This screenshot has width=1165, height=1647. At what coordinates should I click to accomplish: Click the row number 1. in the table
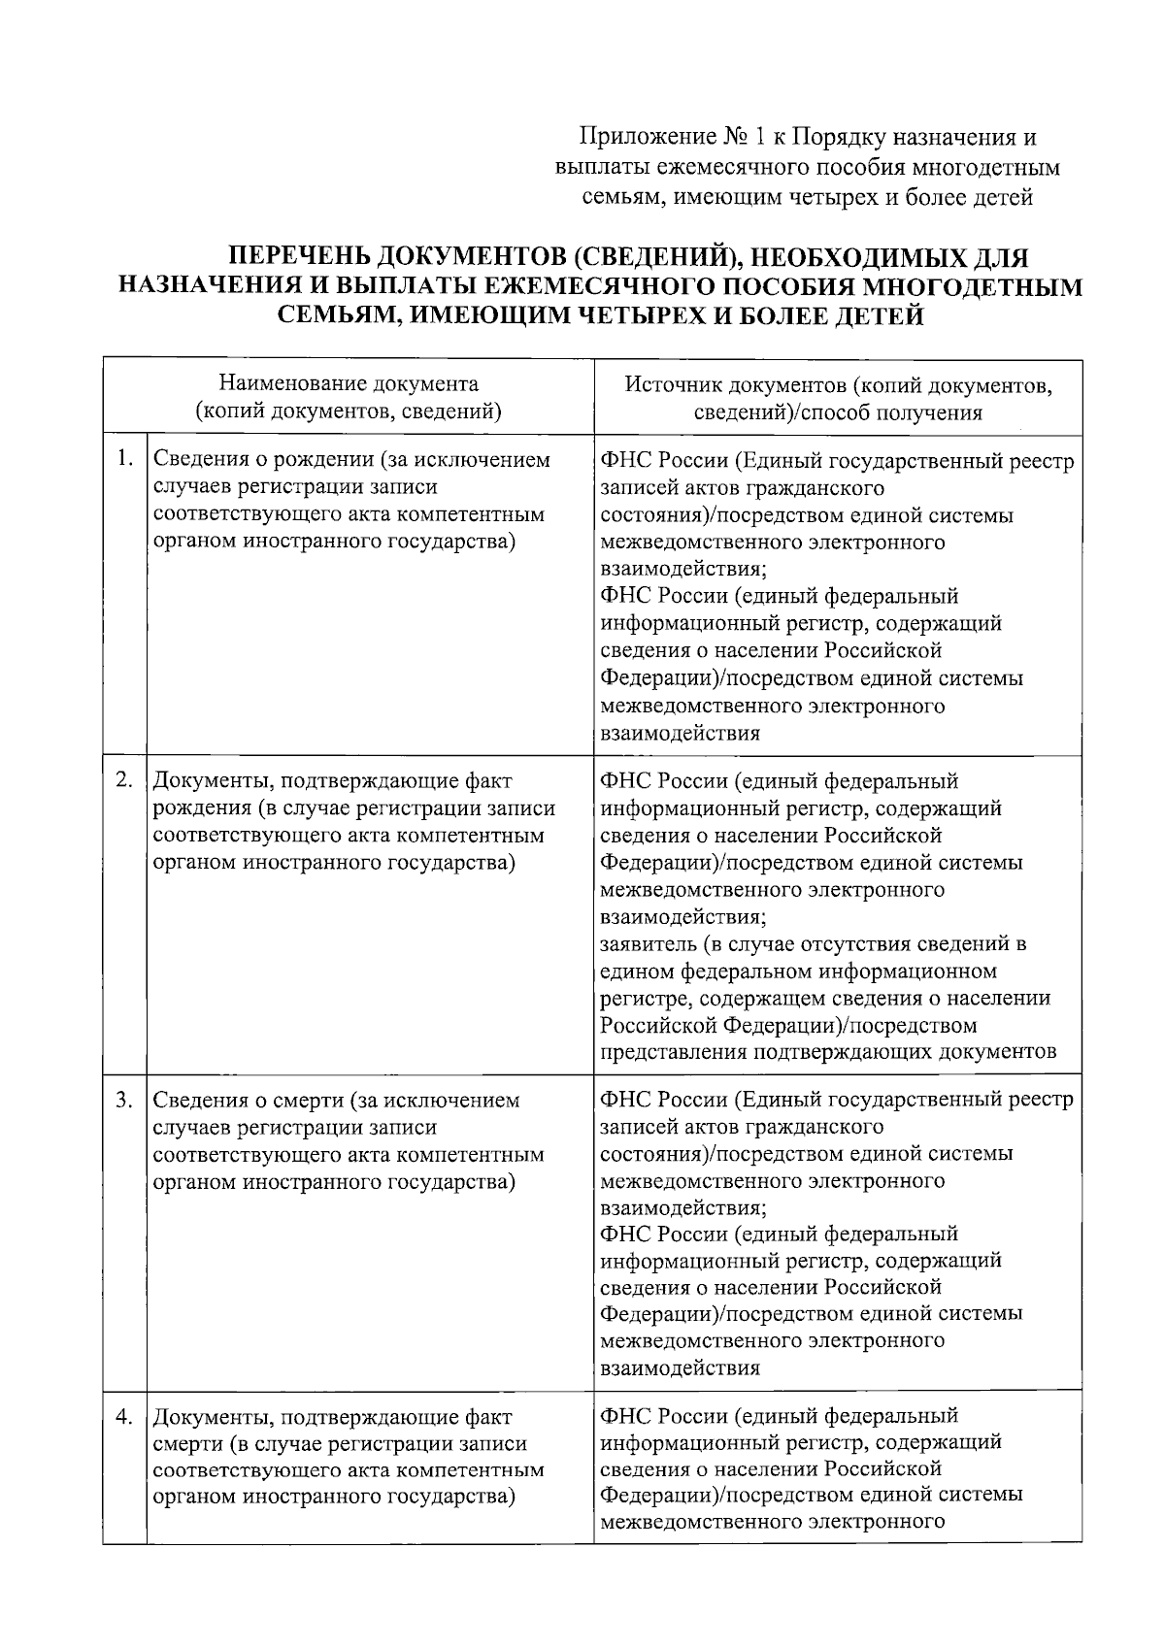(x=124, y=458)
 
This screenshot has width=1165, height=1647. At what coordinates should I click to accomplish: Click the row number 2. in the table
(x=124, y=779)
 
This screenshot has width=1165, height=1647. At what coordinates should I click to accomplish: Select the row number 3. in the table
(x=124, y=1100)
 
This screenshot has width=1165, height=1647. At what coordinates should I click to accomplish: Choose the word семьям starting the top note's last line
(x=616, y=198)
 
